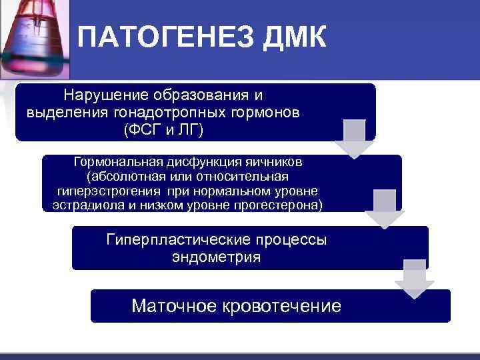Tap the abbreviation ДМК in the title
coord(294,38)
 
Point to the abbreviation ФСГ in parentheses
coord(143,129)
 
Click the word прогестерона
coord(282,205)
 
